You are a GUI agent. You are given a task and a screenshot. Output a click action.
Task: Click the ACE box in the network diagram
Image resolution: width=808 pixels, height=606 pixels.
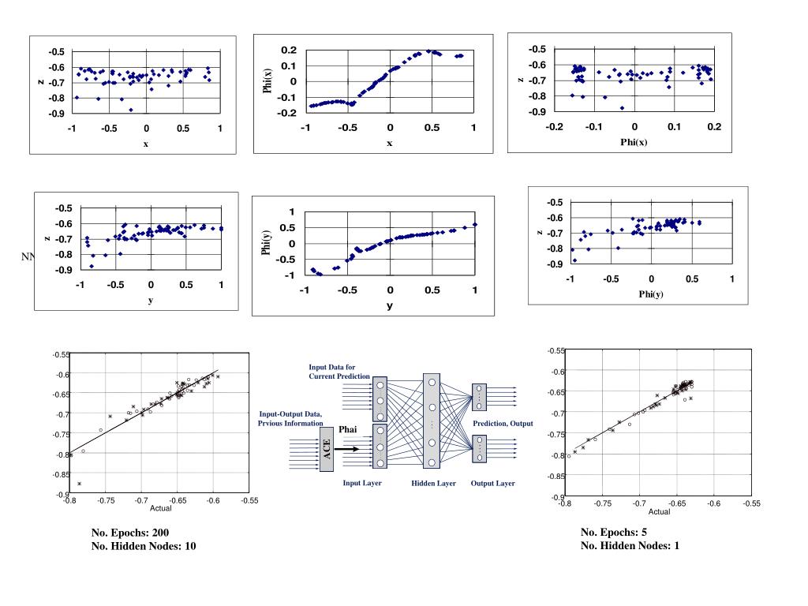pos(327,449)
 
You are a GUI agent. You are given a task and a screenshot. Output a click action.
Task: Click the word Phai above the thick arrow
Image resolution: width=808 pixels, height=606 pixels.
pos(349,429)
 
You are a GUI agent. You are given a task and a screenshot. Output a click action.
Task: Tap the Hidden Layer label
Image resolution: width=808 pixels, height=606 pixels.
pos(433,484)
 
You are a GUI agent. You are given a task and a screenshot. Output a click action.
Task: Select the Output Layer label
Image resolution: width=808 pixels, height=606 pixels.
pos(492,484)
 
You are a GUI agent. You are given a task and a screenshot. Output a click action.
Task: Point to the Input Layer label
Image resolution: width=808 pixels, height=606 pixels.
pos(361,483)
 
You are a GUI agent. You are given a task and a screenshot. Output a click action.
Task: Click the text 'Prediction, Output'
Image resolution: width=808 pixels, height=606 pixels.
pos(503,424)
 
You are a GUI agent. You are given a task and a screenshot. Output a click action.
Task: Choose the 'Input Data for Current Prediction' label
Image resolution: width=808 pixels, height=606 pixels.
pos(339,372)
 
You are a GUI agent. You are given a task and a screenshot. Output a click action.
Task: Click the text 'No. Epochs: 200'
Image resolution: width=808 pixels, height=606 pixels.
pos(130,533)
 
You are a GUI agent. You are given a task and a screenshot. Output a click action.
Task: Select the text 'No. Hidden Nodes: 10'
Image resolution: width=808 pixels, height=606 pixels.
pos(144,546)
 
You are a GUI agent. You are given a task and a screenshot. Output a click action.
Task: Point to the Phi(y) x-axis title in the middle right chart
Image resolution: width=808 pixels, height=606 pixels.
pos(651,294)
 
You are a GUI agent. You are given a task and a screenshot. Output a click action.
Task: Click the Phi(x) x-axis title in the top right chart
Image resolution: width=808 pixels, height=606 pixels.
pos(634,142)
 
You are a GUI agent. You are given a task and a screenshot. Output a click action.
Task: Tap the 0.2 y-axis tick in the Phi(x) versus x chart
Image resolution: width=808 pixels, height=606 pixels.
pos(289,50)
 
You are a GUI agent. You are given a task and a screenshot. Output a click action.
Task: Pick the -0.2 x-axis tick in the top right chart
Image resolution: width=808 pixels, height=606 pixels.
pos(555,127)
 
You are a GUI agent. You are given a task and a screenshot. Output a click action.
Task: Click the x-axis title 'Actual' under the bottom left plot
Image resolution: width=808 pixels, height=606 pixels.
pos(161,508)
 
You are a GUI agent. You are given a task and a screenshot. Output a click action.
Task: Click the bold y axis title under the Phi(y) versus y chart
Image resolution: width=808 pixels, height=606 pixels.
pos(389,306)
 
